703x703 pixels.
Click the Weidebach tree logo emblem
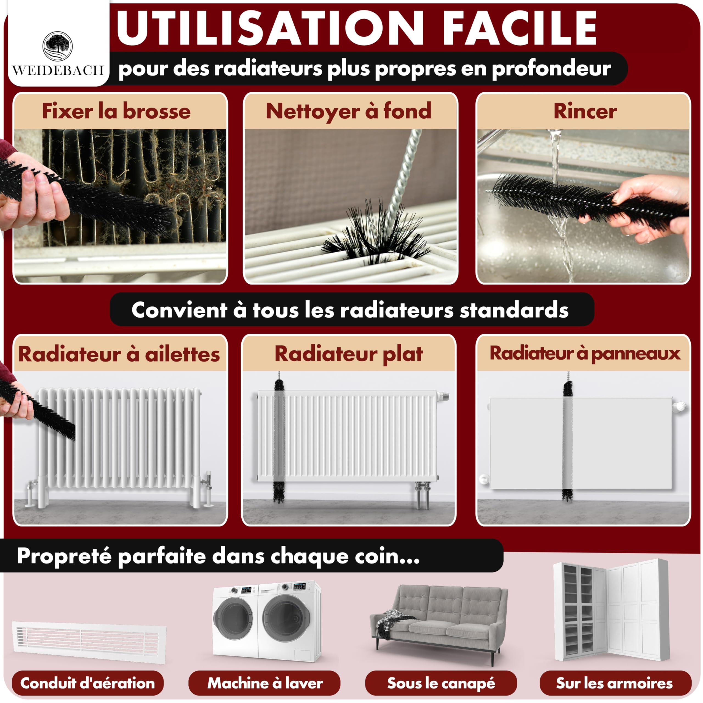coord(57,46)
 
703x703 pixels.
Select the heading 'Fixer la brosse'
coord(116,111)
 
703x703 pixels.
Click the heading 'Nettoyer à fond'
coord(348,111)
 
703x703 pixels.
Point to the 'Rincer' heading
coord(585,111)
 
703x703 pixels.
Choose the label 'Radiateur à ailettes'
coord(119,355)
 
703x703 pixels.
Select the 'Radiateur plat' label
coord(348,354)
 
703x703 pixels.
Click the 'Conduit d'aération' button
coord(88,683)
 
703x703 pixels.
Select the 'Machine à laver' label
coord(264,683)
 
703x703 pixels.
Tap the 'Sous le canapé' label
coord(441,683)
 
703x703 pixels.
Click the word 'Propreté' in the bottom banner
coord(64,556)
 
